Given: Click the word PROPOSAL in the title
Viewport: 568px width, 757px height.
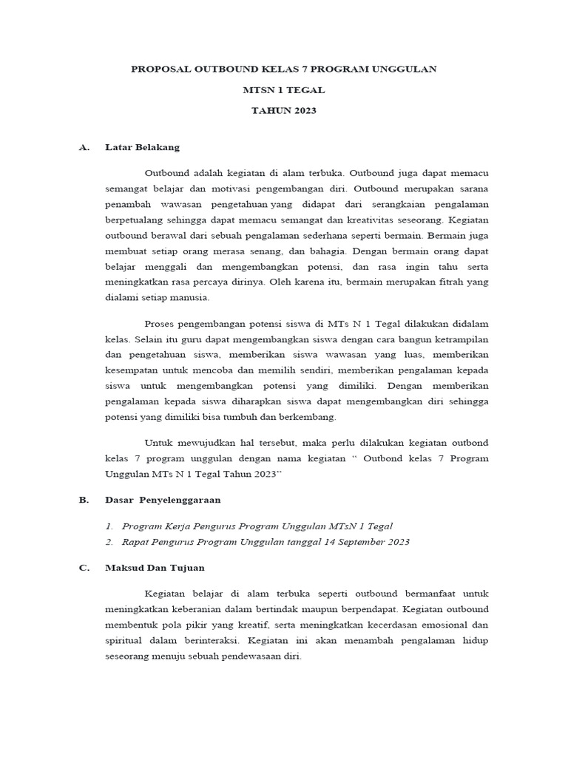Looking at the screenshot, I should [160, 69].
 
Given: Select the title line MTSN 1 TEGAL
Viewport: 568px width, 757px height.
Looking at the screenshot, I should [284, 89].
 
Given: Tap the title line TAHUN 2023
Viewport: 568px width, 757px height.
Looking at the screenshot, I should [284, 110].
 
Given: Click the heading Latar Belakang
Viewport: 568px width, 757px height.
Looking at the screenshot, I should [142, 147].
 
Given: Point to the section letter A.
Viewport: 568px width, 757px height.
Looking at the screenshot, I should [84, 147].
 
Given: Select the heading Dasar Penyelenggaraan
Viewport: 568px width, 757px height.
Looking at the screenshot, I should [163, 500].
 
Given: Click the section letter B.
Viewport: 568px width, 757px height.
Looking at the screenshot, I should [84, 500].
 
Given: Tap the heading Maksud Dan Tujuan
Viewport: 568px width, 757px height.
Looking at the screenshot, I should [155, 568].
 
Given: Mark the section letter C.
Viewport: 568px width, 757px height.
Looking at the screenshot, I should [84, 568].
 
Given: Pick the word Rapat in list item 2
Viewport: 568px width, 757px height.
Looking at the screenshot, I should [137, 542].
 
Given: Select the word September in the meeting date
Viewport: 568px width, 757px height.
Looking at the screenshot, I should [358, 542].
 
